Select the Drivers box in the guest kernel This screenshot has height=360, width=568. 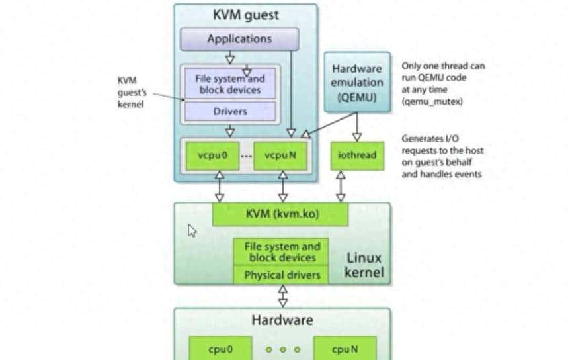pyautogui.click(x=229, y=112)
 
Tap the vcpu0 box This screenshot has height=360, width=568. pyautogui.click(x=212, y=156)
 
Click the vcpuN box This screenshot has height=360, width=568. pyautogui.click(x=280, y=156)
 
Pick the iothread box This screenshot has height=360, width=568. pyautogui.click(x=357, y=156)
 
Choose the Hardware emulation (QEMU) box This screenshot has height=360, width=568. pyautogui.click(x=357, y=83)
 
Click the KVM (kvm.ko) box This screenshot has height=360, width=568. pyautogui.click(x=280, y=214)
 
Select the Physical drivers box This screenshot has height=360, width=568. pyautogui.click(x=281, y=275)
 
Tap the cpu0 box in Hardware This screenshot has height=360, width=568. pyautogui.click(x=217, y=348)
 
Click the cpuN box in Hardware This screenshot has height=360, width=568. pyautogui.click(x=345, y=348)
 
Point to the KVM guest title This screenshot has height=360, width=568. pyautogui.click(x=245, y=15)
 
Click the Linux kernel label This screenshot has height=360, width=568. pyautogui.click(x=364, y=265)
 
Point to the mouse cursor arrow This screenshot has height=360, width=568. pyautogui.click(x=192, y=230)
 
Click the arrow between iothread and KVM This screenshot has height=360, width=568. pyautogui.click(x=341, y=186)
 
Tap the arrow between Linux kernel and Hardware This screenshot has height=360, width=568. pyautogui.click(x=283, y=296)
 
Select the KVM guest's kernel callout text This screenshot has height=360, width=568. pyautogui.click(x=128, y=93)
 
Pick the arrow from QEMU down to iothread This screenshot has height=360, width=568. pyautogui.click(x=357, y=126)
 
